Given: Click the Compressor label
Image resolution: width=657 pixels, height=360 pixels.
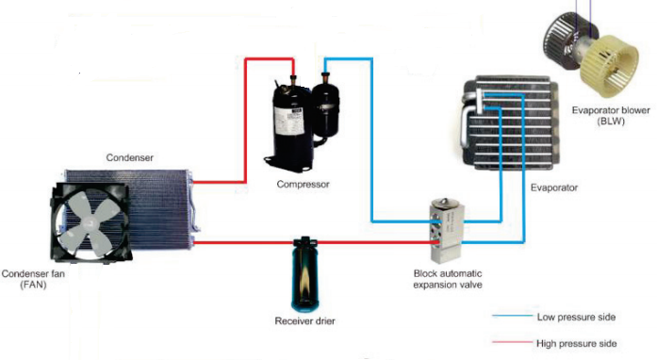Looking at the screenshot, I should point(303,184).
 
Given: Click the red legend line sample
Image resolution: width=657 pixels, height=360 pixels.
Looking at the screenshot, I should point(509,343).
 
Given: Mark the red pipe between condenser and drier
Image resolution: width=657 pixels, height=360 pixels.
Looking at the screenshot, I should point(245,243).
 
